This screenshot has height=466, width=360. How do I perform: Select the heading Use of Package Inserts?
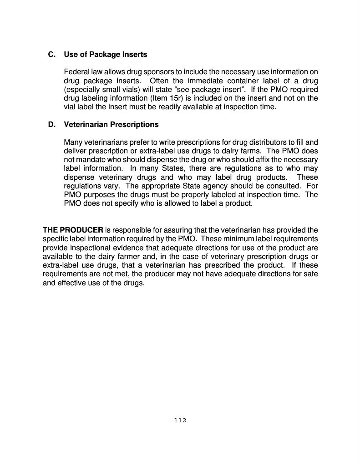[106, 55]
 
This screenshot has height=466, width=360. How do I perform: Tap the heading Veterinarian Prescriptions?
[112, 124]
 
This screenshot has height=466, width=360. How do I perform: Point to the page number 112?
[180, 420]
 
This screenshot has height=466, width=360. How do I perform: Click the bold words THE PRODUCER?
[73, 230]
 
